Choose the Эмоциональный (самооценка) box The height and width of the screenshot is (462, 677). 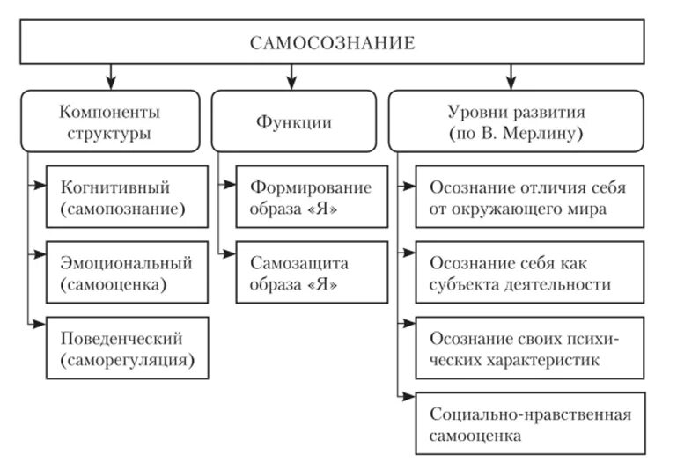(x=128, y=272)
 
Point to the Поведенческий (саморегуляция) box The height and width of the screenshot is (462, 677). (x=128, y=348)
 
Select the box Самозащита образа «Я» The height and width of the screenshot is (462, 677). (x=312, y=272)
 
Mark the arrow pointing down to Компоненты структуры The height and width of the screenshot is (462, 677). (x=109, y=76)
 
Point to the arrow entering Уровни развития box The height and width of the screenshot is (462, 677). (x=510, y=76)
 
